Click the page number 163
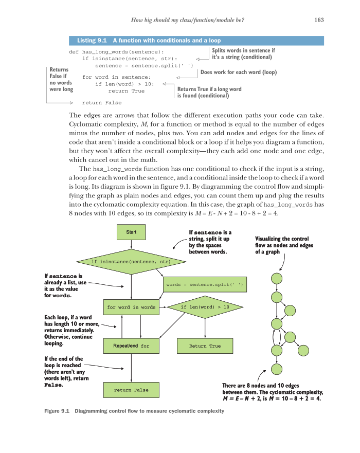tap(318, 20)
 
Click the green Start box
tap(131, 232)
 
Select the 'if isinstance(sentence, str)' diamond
tap(131, 262)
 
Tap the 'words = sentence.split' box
tap(204, 284)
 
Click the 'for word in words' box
tap(131, 307)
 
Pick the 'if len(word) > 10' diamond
tap(205, 307)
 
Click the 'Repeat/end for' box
tap(131, 346)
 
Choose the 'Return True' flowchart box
tap(205, 346)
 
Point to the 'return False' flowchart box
tap(131, 390)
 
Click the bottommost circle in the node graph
tap(277, 369)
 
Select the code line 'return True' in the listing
tap(127, 91)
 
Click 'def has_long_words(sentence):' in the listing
tap(117, 52)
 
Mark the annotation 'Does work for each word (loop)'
tap(238, 73)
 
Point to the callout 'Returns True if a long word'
tap(209, 89)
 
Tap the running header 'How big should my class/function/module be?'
tap(188, 20)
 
